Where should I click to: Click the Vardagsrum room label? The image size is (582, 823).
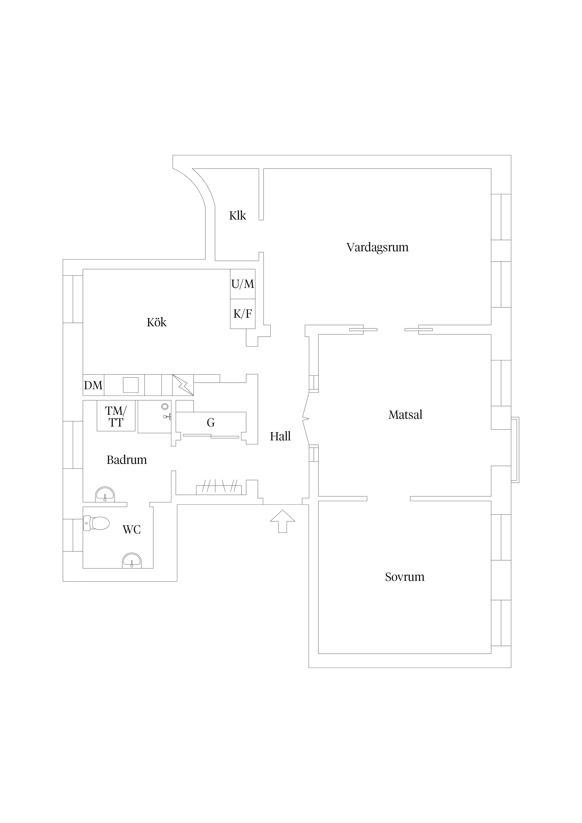click(x=377, y=247)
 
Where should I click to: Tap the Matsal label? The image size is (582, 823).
click(x=405, y=415)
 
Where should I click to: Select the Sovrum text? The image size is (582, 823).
click(x=405, y=577)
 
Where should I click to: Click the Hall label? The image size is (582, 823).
click(x=280, y=436)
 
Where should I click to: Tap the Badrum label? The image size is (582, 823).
click(x=126, y=460)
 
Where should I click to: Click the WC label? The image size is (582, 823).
click(x=132, y=530)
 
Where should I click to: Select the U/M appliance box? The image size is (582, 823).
click(x=243, y=284)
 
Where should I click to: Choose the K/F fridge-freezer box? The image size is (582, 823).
click(x=243, y=314)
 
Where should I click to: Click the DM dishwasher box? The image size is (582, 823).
click(x=93, y=385)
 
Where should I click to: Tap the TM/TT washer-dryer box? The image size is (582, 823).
click(x=116, y=416)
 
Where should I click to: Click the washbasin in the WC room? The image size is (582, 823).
click(x=132, y=561)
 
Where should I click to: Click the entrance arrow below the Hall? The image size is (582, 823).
click(x=283, y=521)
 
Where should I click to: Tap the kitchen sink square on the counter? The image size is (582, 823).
click(x=130, y=385)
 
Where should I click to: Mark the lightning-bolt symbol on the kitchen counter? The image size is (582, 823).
click(x=183, y=385)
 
